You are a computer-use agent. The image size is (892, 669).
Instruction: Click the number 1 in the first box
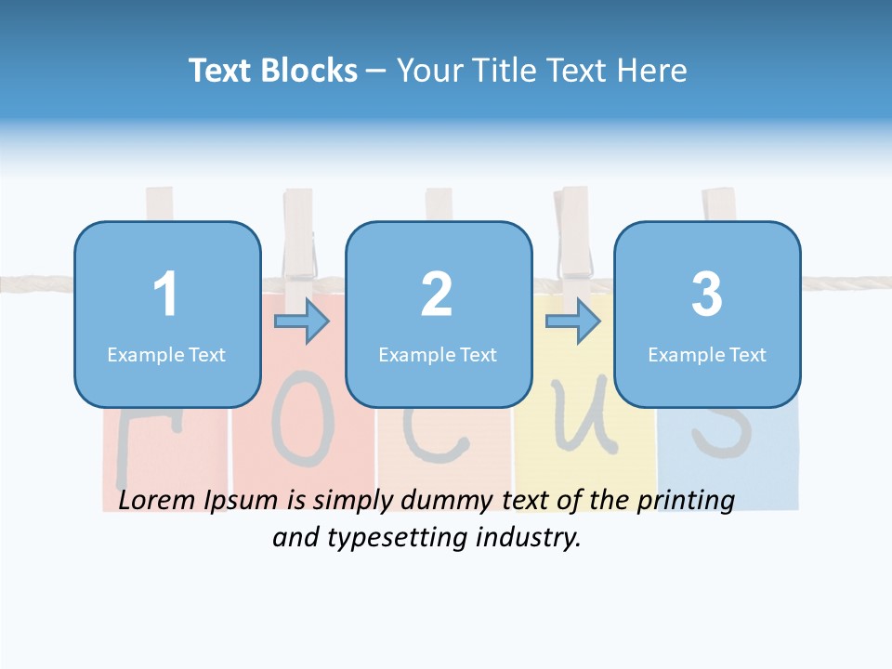click(x=165, y=295)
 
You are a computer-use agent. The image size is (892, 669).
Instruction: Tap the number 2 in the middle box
click(x=437, y=295)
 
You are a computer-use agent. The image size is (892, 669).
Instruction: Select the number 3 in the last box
click(x=707, y=295)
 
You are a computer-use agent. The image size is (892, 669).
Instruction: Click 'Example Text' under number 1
click(x=166, y=354)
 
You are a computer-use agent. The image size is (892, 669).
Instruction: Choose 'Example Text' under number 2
click(x=438, y=354)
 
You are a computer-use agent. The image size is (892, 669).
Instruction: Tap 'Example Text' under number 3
click(x=707, y=354)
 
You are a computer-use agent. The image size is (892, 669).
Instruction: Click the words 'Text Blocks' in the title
click(x=273, y=71)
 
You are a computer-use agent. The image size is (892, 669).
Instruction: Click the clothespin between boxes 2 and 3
click(x=573, y=232)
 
